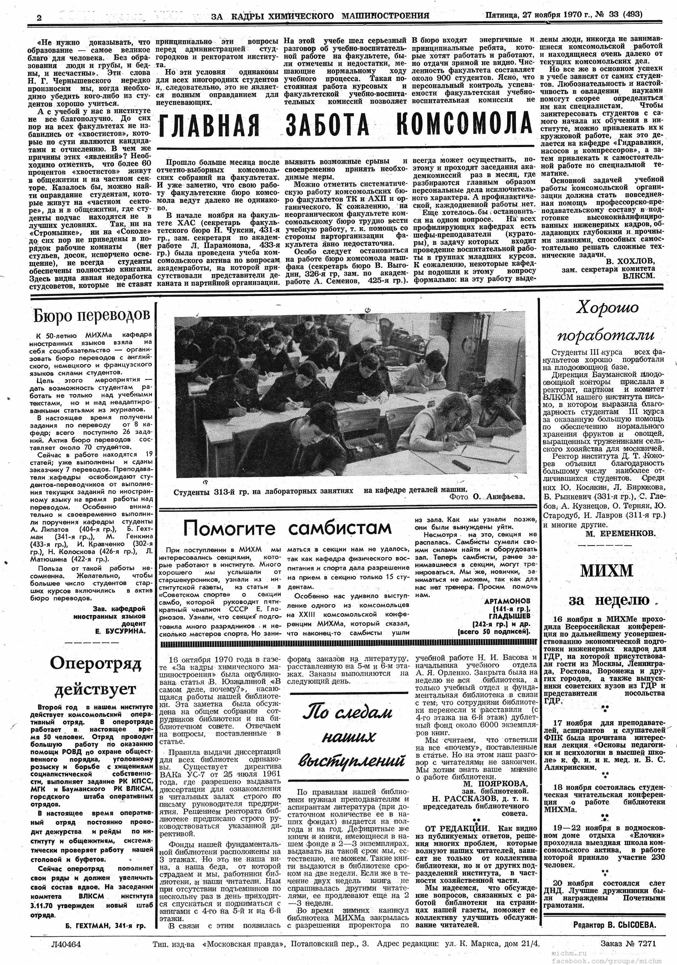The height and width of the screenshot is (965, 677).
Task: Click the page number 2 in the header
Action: tap(39, 17)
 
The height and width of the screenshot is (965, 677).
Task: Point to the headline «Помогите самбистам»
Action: tap(288, 528)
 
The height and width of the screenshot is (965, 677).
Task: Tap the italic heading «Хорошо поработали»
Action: tap(605, 321)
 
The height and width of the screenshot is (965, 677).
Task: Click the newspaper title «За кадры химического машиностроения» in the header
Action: tap(320, 16)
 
